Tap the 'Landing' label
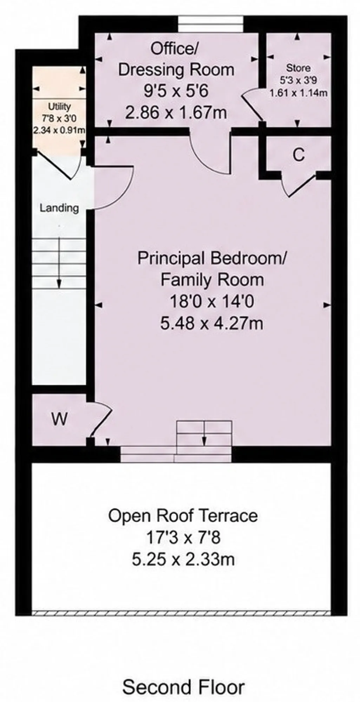(59, 208)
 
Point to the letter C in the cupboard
(299, 155)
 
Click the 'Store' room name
(298, 68)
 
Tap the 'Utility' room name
(59, 106)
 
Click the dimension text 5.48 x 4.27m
(212, 323)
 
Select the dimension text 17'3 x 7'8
(183, 538)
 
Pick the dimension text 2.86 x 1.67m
(176, 113)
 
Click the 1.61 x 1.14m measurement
(298, 93)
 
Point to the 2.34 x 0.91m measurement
(59, 130)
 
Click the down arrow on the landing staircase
(59, 263)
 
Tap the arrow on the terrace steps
(204, 433)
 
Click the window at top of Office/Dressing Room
(210, 24)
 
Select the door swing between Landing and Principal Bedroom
(113, 188)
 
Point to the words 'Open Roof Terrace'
(183, 516)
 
